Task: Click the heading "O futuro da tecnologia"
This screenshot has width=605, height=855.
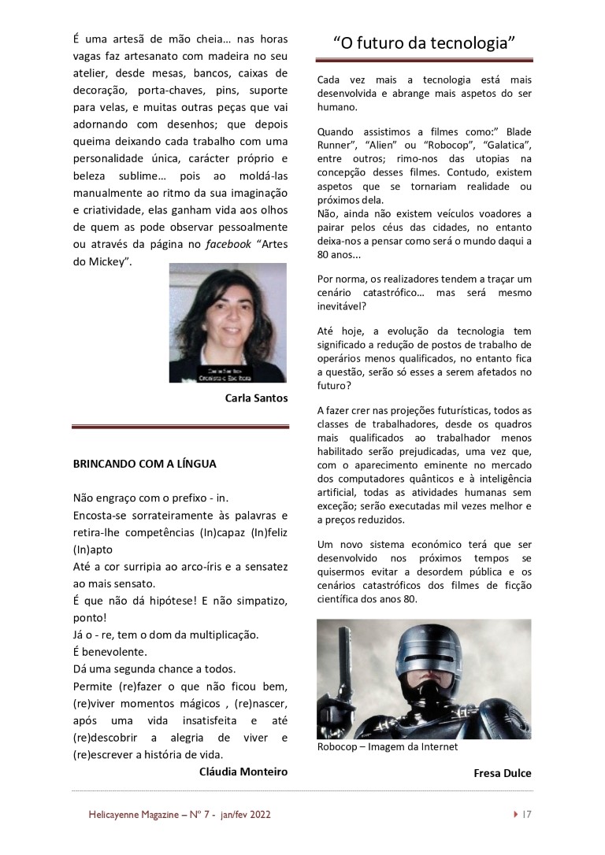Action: [x=424, y=43]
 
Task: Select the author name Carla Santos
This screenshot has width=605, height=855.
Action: [x=256, y=398]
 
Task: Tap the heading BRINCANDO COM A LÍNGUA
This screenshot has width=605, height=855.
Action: [x=144, y=465]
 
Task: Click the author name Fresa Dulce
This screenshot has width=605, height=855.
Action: [x=502, y=773]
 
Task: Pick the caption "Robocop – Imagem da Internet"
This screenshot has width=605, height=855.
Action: [x=387, y=746]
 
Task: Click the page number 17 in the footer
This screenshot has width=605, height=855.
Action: [x=527, y=815]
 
